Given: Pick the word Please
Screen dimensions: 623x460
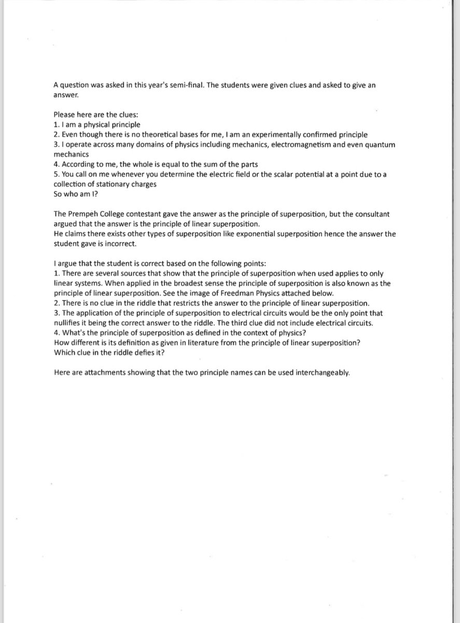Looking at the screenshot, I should click(x=64, y=114).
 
